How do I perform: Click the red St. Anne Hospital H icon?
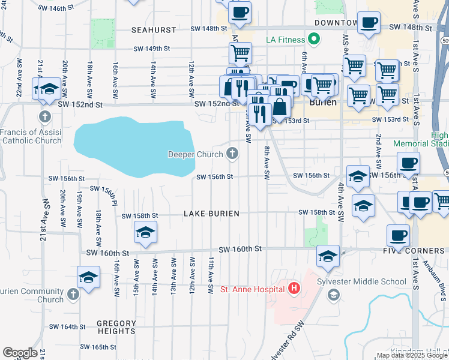[x=294, y=289]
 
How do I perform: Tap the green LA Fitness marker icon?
[x=313, y=40]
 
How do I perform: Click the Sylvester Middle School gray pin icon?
[x=334, y=294]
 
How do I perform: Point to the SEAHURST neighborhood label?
[x=154, y=29]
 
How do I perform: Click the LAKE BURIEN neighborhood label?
[x=211, y=214]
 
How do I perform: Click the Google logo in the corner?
[x=20, y=353]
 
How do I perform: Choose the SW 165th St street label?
[x=99, y=347]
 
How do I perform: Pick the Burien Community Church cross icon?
[x=73, y=294]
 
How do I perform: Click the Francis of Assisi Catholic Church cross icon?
[x=44, y=116]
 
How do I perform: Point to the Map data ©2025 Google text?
[x=412, y=355]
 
